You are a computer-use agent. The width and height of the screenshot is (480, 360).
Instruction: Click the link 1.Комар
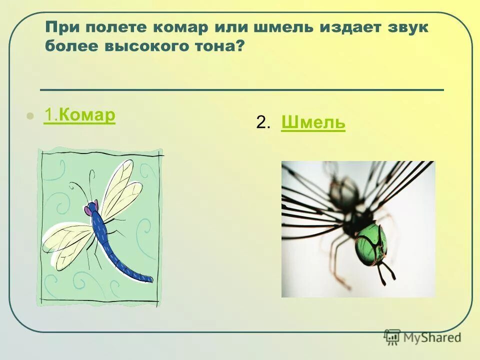[x=79, y=115]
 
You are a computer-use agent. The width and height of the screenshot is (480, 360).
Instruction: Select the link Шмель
[x=313, y=122]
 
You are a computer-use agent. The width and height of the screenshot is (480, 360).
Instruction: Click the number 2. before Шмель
[x=263, y=122]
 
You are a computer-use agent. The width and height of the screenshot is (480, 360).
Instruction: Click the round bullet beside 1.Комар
[x=30, y=116]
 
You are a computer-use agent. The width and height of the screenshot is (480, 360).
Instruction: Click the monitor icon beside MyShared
[x=392, y=336]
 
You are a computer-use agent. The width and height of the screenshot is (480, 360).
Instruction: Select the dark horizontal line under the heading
[x=241, y=90]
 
